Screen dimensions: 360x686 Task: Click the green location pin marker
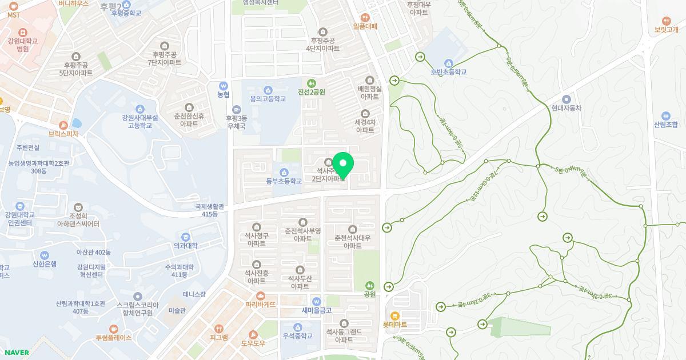pos(342,165)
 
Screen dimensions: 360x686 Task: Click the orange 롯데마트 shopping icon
pos(394,315)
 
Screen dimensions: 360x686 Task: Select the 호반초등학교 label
pos(449,72)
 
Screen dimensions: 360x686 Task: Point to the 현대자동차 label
pos(566,107)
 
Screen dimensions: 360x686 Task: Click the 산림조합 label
pos(665,125)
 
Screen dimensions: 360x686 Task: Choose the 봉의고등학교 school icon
pos(268,90)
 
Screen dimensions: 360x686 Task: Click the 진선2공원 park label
pos(311,92)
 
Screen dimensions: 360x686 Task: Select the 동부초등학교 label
pos(284,181)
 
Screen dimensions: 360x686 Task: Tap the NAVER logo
pos(15,353)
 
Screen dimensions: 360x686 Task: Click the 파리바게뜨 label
pos(261,305)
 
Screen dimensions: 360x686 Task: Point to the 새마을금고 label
pos(317,310)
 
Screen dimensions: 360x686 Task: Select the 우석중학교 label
pos(297,336)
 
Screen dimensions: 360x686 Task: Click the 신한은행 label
pos(45,264)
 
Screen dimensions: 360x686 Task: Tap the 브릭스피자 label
pos(63,134)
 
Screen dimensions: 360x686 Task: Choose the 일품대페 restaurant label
pos(365,26)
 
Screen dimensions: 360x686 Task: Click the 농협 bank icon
pos(224,86)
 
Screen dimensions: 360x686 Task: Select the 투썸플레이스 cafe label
pos(113,338)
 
